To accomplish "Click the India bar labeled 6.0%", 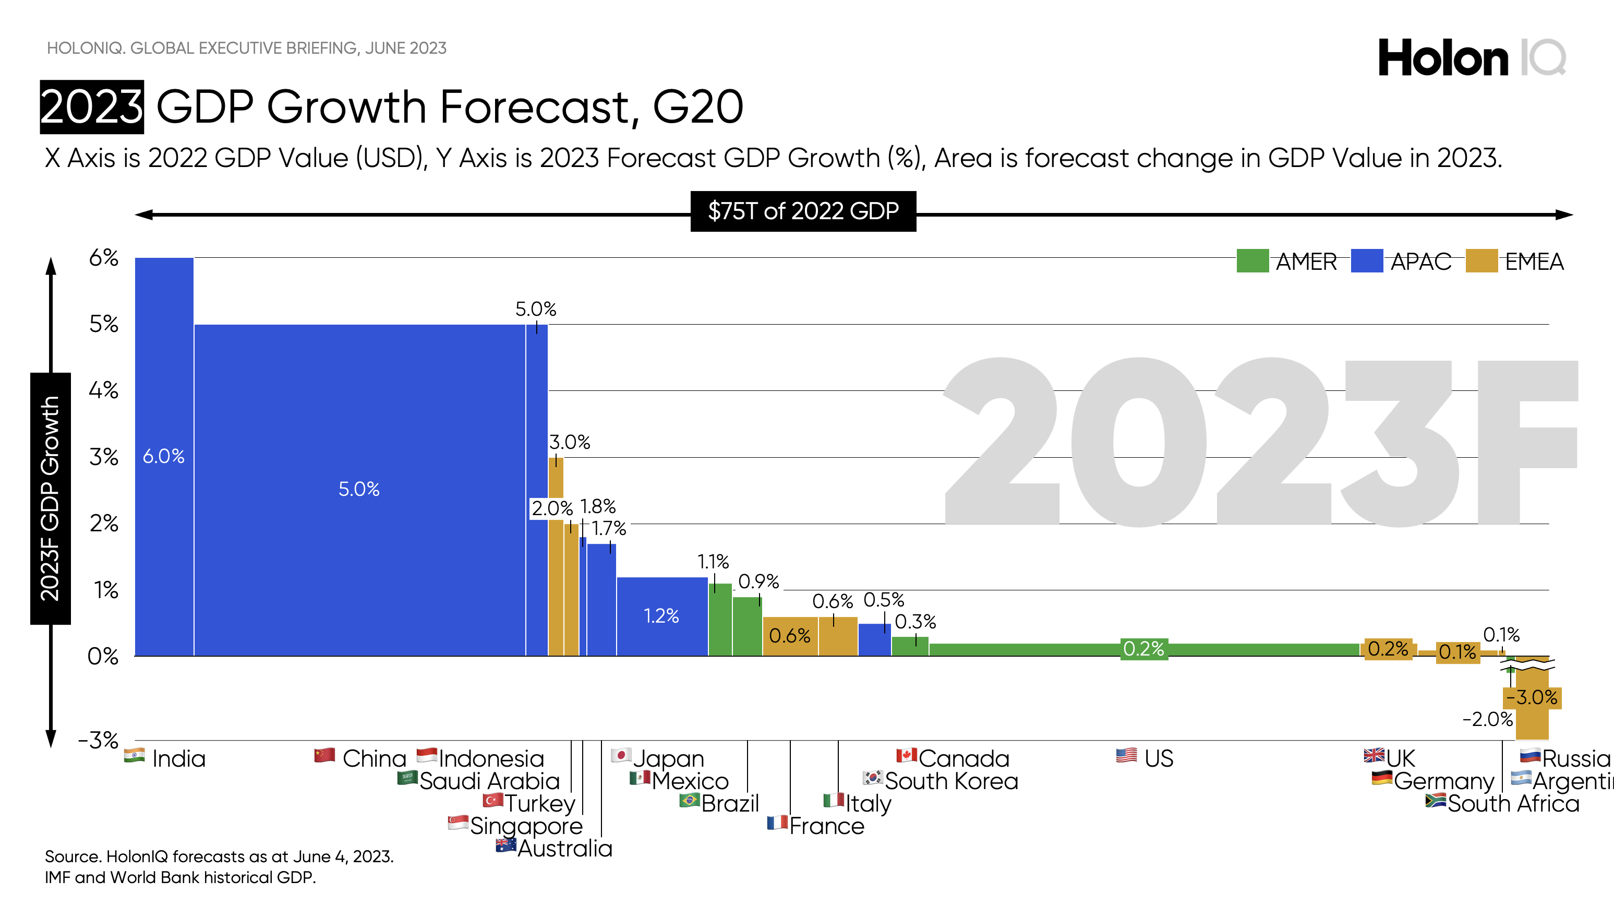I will coord(163,456).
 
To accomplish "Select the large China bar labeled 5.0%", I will coord(359,489).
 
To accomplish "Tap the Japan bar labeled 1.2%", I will coord(661,615).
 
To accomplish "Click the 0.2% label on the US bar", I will coord(1143,649).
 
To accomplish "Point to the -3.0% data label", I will coord(1532,697).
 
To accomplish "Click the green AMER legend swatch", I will coord(1252,261).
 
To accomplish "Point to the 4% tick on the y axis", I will coord(103,390).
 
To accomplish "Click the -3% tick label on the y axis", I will coord(99,740).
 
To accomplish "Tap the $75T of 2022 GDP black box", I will coord(803,211).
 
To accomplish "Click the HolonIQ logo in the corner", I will coord(1471,57).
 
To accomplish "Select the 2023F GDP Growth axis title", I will coord(50,498).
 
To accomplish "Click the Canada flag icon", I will coord(906,755).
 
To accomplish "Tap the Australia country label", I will coord(564,849).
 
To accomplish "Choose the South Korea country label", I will coord(951,781).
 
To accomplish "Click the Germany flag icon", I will coord(1381,778).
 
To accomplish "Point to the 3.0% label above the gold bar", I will coord(570,442).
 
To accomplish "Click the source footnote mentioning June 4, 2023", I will coord(219,857).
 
